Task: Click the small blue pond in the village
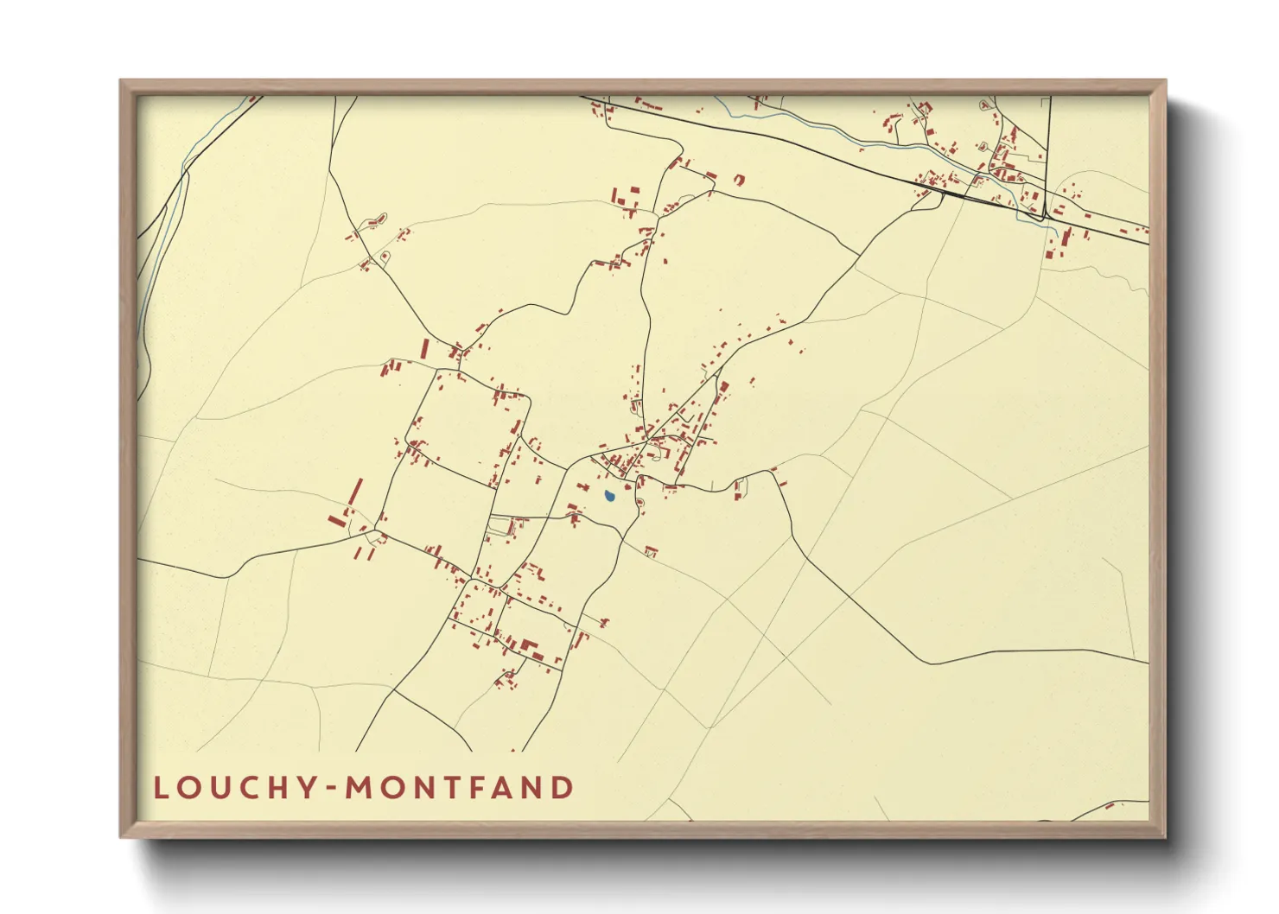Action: pyautogui.click(x=609, y=497)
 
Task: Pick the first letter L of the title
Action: pyautogui.click(x=161, y=788)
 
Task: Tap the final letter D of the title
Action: pyautogui.click(x=564, y=788)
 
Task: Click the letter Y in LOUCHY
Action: pyautogui.click(x=307, y=788)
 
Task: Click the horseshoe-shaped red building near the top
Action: pyautogui.click(x=739, y=180)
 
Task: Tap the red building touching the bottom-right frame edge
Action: pyautogui.click(x=1110, y=807)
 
